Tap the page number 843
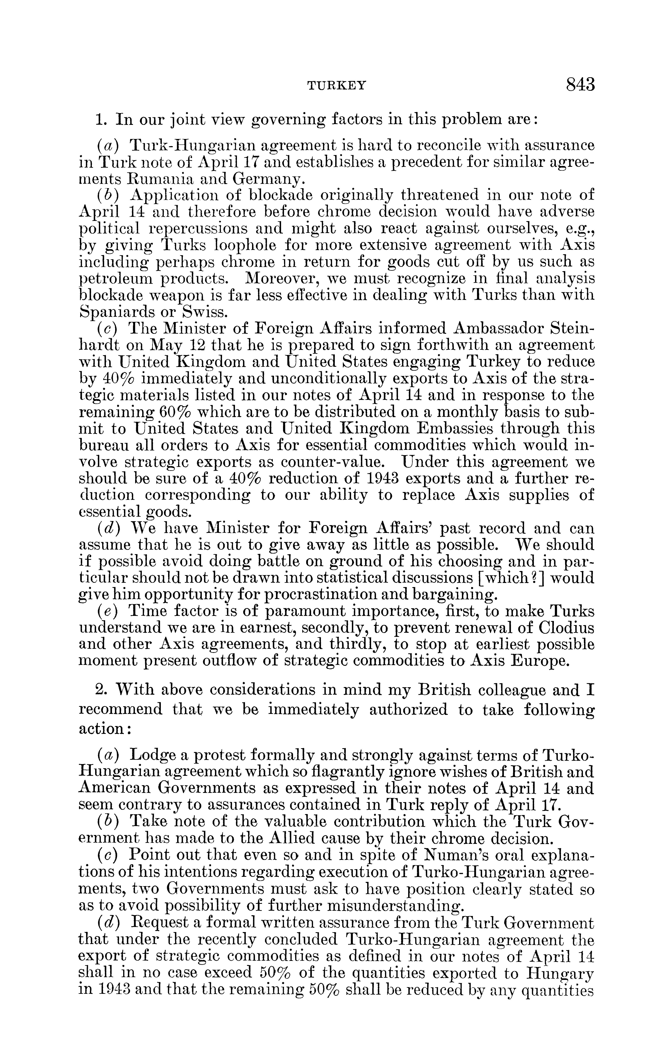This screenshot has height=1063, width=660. pyautogui.click(x=580, y=84)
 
